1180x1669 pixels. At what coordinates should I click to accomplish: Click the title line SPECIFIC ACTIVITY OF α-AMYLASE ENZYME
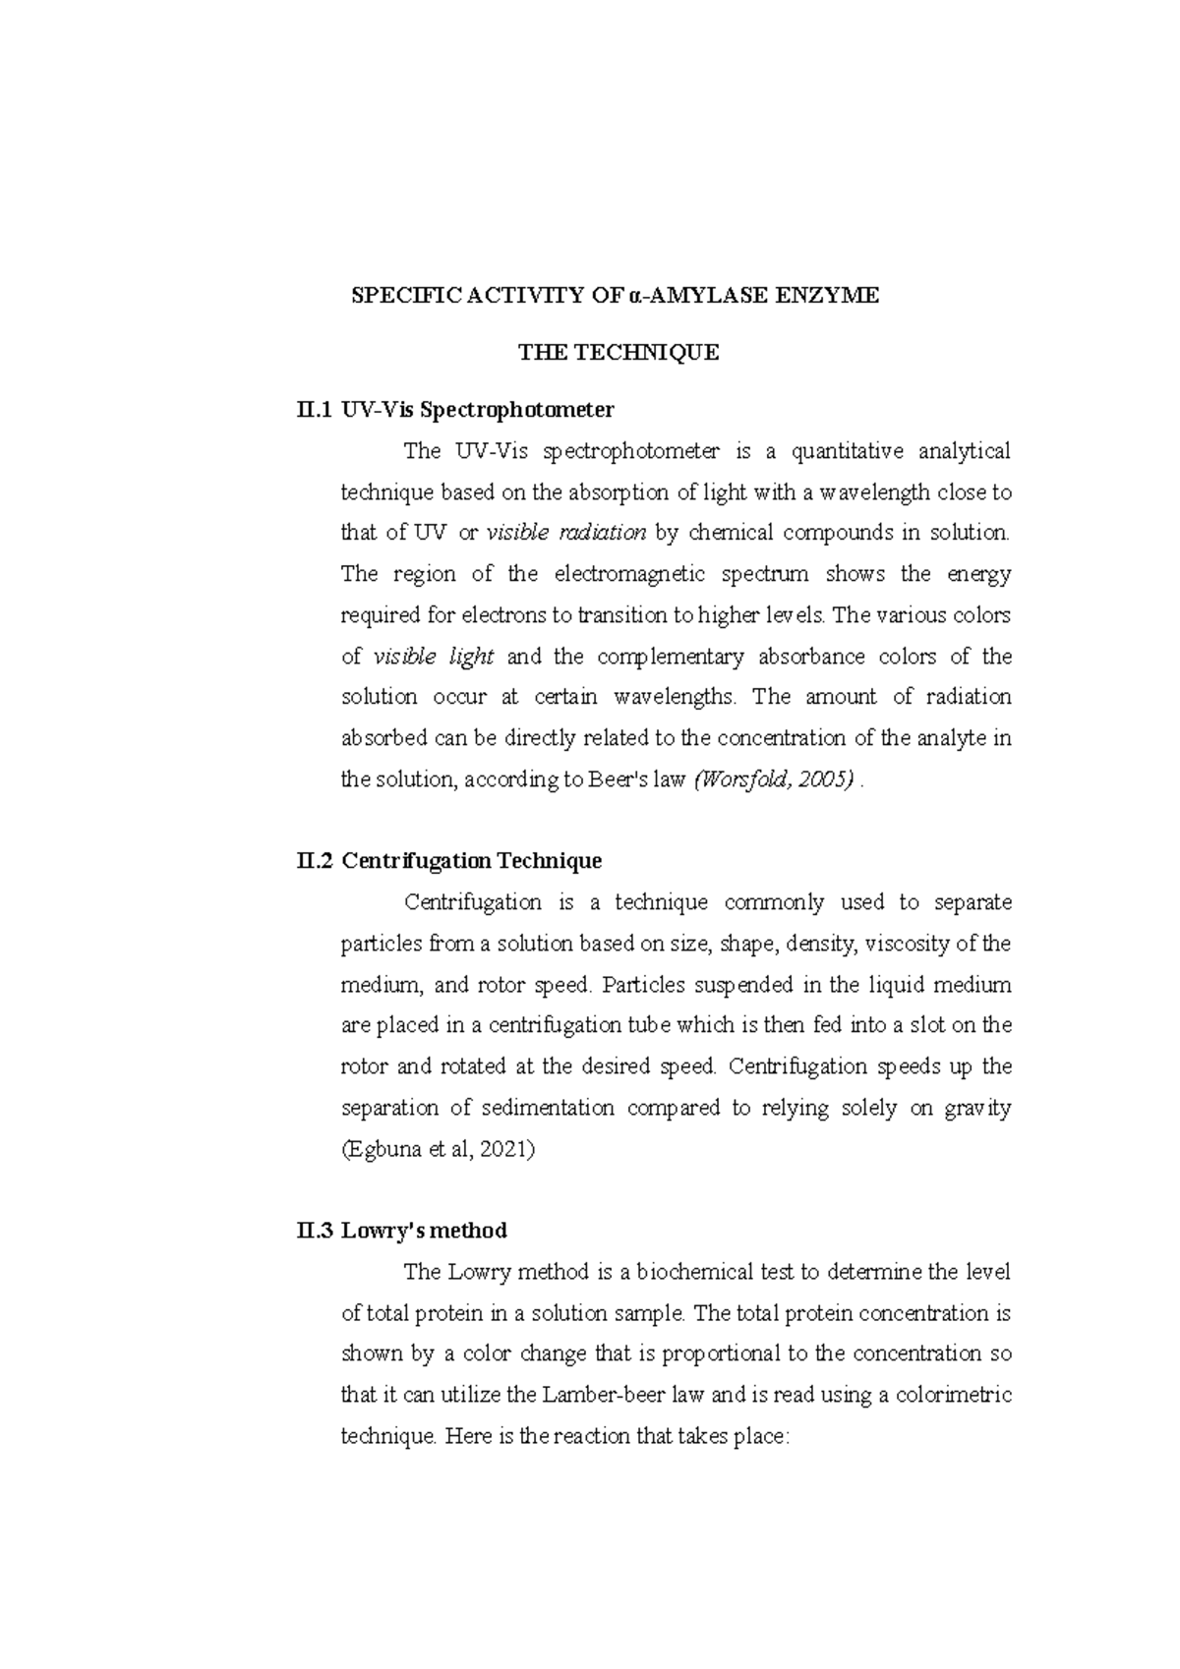tap(617, 295)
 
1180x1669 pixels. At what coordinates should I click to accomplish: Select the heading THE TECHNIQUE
tap(619, 352)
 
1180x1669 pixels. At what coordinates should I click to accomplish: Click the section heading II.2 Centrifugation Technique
tap(448, 861)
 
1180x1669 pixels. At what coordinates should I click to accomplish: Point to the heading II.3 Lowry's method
tap(401, 1231)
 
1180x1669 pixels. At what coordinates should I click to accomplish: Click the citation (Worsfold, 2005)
tap(773, 779)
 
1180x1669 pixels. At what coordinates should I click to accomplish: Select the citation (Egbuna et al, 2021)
tap(438, 1149)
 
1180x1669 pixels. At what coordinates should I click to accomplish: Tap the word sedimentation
tap(548, 1108)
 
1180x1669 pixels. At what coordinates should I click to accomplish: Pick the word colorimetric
tap(953, 1395)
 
